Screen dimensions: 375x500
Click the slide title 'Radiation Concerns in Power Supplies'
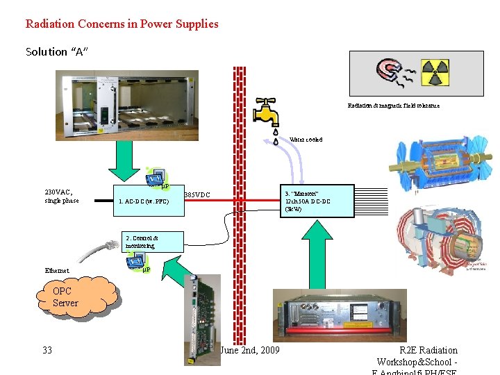[122, 24]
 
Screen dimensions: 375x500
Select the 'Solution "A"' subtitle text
[57, 52]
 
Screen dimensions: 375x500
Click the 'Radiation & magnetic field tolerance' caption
[393, 106]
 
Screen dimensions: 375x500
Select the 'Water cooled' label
[306, 140]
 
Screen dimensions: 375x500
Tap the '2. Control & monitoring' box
[153, 242]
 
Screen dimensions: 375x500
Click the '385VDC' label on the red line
[197, 195]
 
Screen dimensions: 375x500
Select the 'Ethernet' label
[57, 271]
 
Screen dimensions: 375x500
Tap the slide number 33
[47, 350]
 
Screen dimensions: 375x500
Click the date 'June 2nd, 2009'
[250, 350]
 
